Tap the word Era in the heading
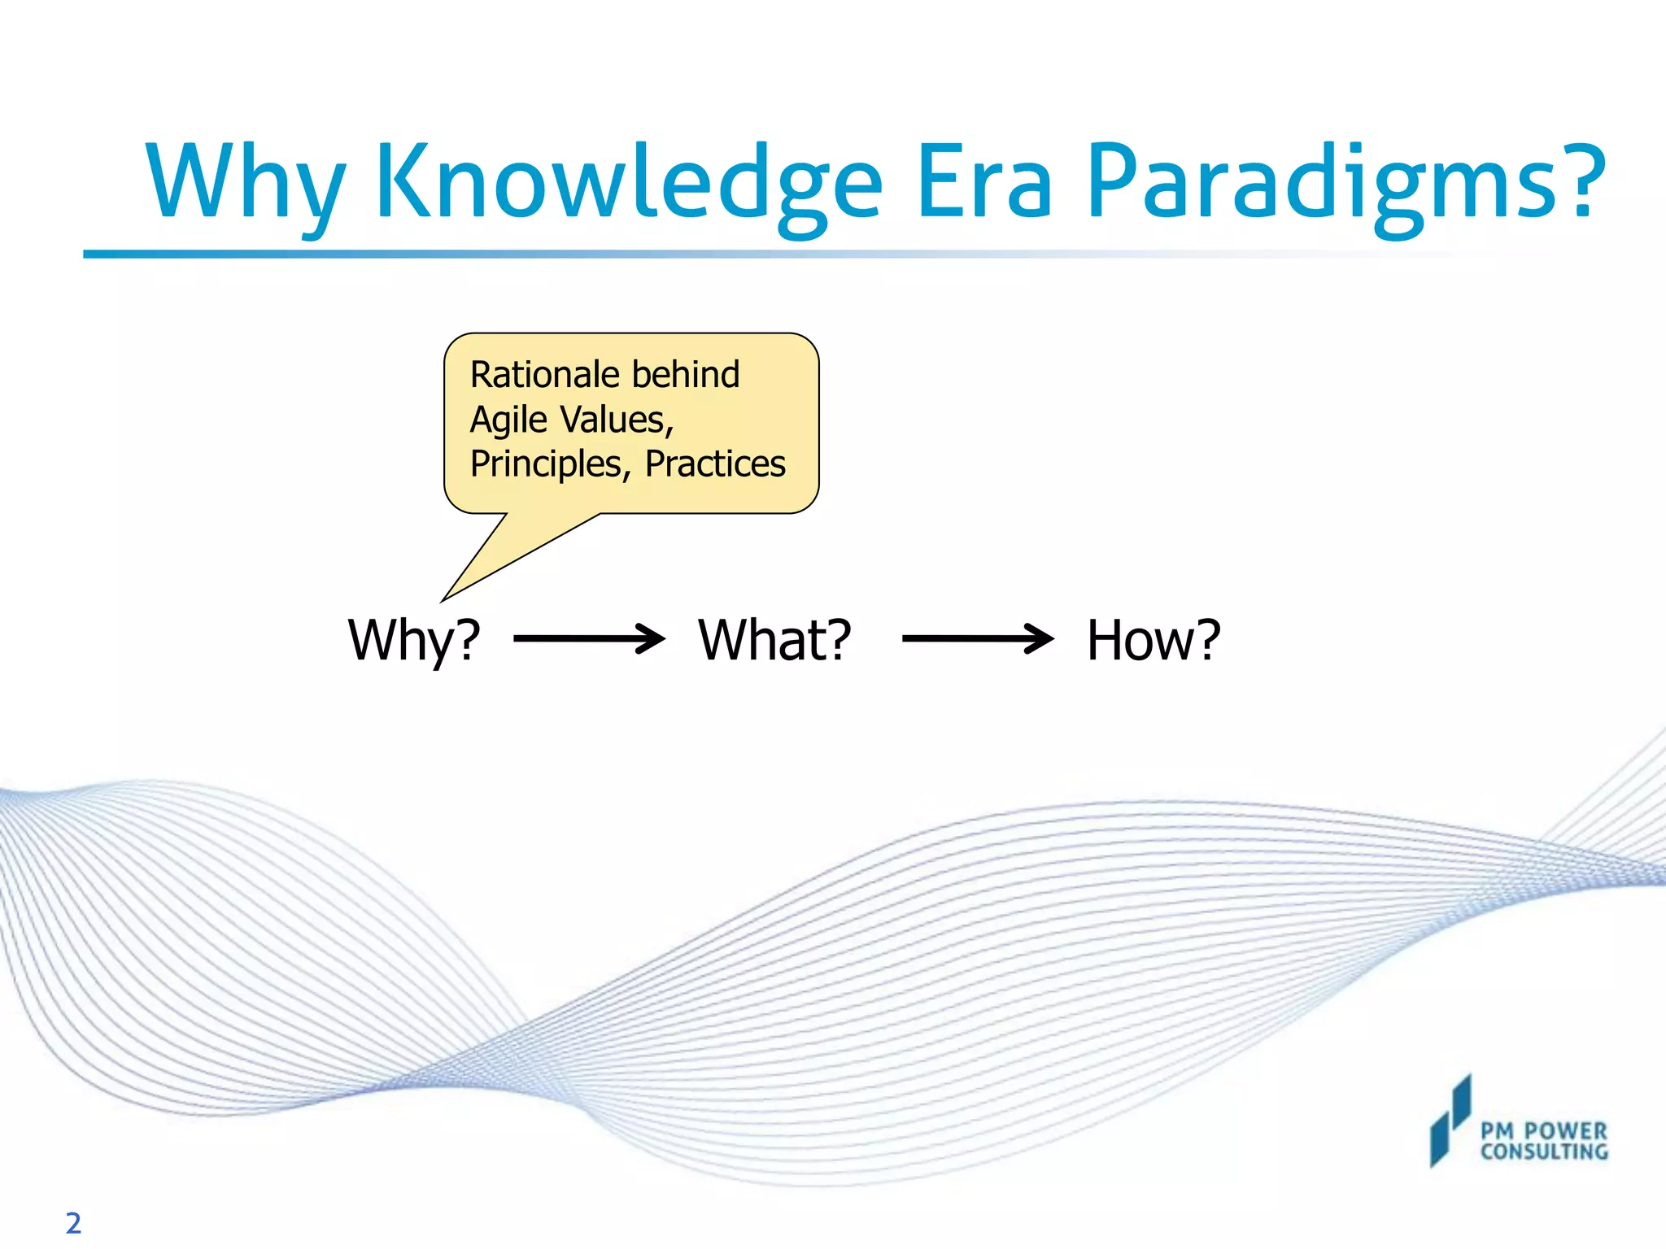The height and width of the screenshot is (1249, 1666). point(984,183)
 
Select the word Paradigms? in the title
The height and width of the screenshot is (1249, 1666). point(1346,183)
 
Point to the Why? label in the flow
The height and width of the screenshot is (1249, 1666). point(414,640)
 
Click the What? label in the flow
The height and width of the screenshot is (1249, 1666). point(774,640)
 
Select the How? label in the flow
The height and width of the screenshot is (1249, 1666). point(1154,640)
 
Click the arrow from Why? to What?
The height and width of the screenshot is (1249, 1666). point(590,639)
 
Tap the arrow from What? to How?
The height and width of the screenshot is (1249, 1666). point(978,639)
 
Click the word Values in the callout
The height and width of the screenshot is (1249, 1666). point(616,420)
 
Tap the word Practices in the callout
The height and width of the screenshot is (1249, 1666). point(715,464)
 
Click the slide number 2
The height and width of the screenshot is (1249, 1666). point(73,1223)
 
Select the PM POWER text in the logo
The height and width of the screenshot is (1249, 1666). point(1543,1131)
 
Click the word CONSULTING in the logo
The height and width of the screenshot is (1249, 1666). point(1543,1151)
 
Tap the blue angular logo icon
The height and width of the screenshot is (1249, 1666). point(1450,1122)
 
